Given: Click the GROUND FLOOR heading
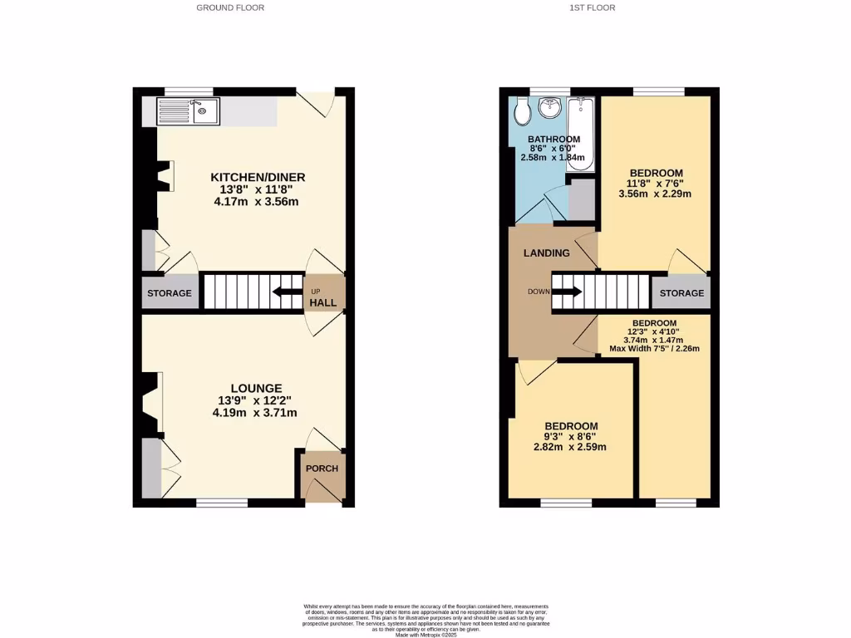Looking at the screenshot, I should (x=230, y=7).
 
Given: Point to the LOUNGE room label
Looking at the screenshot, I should (x=256, y=388).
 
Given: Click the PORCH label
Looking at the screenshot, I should (x=322, y=469).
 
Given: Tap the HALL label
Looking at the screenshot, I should (x=323, y=303).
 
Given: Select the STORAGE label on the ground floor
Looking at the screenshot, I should (x=170, y=293).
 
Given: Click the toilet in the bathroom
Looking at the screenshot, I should (x=519, y=109).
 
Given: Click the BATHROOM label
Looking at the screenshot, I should (x=553, y=139).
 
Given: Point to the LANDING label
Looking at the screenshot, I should (x=546, y=253).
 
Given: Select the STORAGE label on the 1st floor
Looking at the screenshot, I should (x=682, y=293).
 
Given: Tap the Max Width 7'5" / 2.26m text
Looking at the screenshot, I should (x=655, y=348).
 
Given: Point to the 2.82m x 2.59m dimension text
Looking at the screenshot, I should (x=570, y=447).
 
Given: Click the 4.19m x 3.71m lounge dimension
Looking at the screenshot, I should (x=255, y=412).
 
